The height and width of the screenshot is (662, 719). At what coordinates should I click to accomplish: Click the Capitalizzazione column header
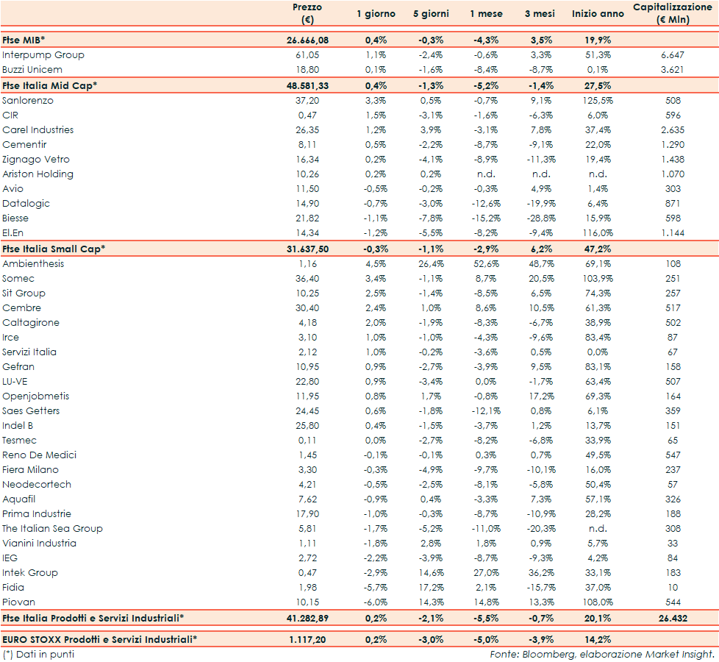click(x=670, y=13)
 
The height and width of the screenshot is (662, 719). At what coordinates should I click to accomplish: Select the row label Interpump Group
click(x=43, y=55)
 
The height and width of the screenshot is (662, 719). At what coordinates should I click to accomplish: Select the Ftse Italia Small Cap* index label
click(x=54, y=249)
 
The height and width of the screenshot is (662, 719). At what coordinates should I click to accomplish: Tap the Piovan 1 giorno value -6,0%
click(x=376, y=602)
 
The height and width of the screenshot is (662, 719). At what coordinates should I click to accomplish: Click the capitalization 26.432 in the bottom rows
click(x=670, y=617)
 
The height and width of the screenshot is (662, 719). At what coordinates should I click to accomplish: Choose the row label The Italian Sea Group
click(x=52, y=529)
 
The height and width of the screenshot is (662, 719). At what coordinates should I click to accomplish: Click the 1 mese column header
click(x=487, y=14)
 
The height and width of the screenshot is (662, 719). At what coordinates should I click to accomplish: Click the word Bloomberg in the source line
click(x=544, y=654)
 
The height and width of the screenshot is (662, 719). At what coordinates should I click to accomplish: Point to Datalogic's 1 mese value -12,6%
click(x=487, y=204)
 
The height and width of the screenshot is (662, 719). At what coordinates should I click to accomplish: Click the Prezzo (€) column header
click(x=307, y=13)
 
